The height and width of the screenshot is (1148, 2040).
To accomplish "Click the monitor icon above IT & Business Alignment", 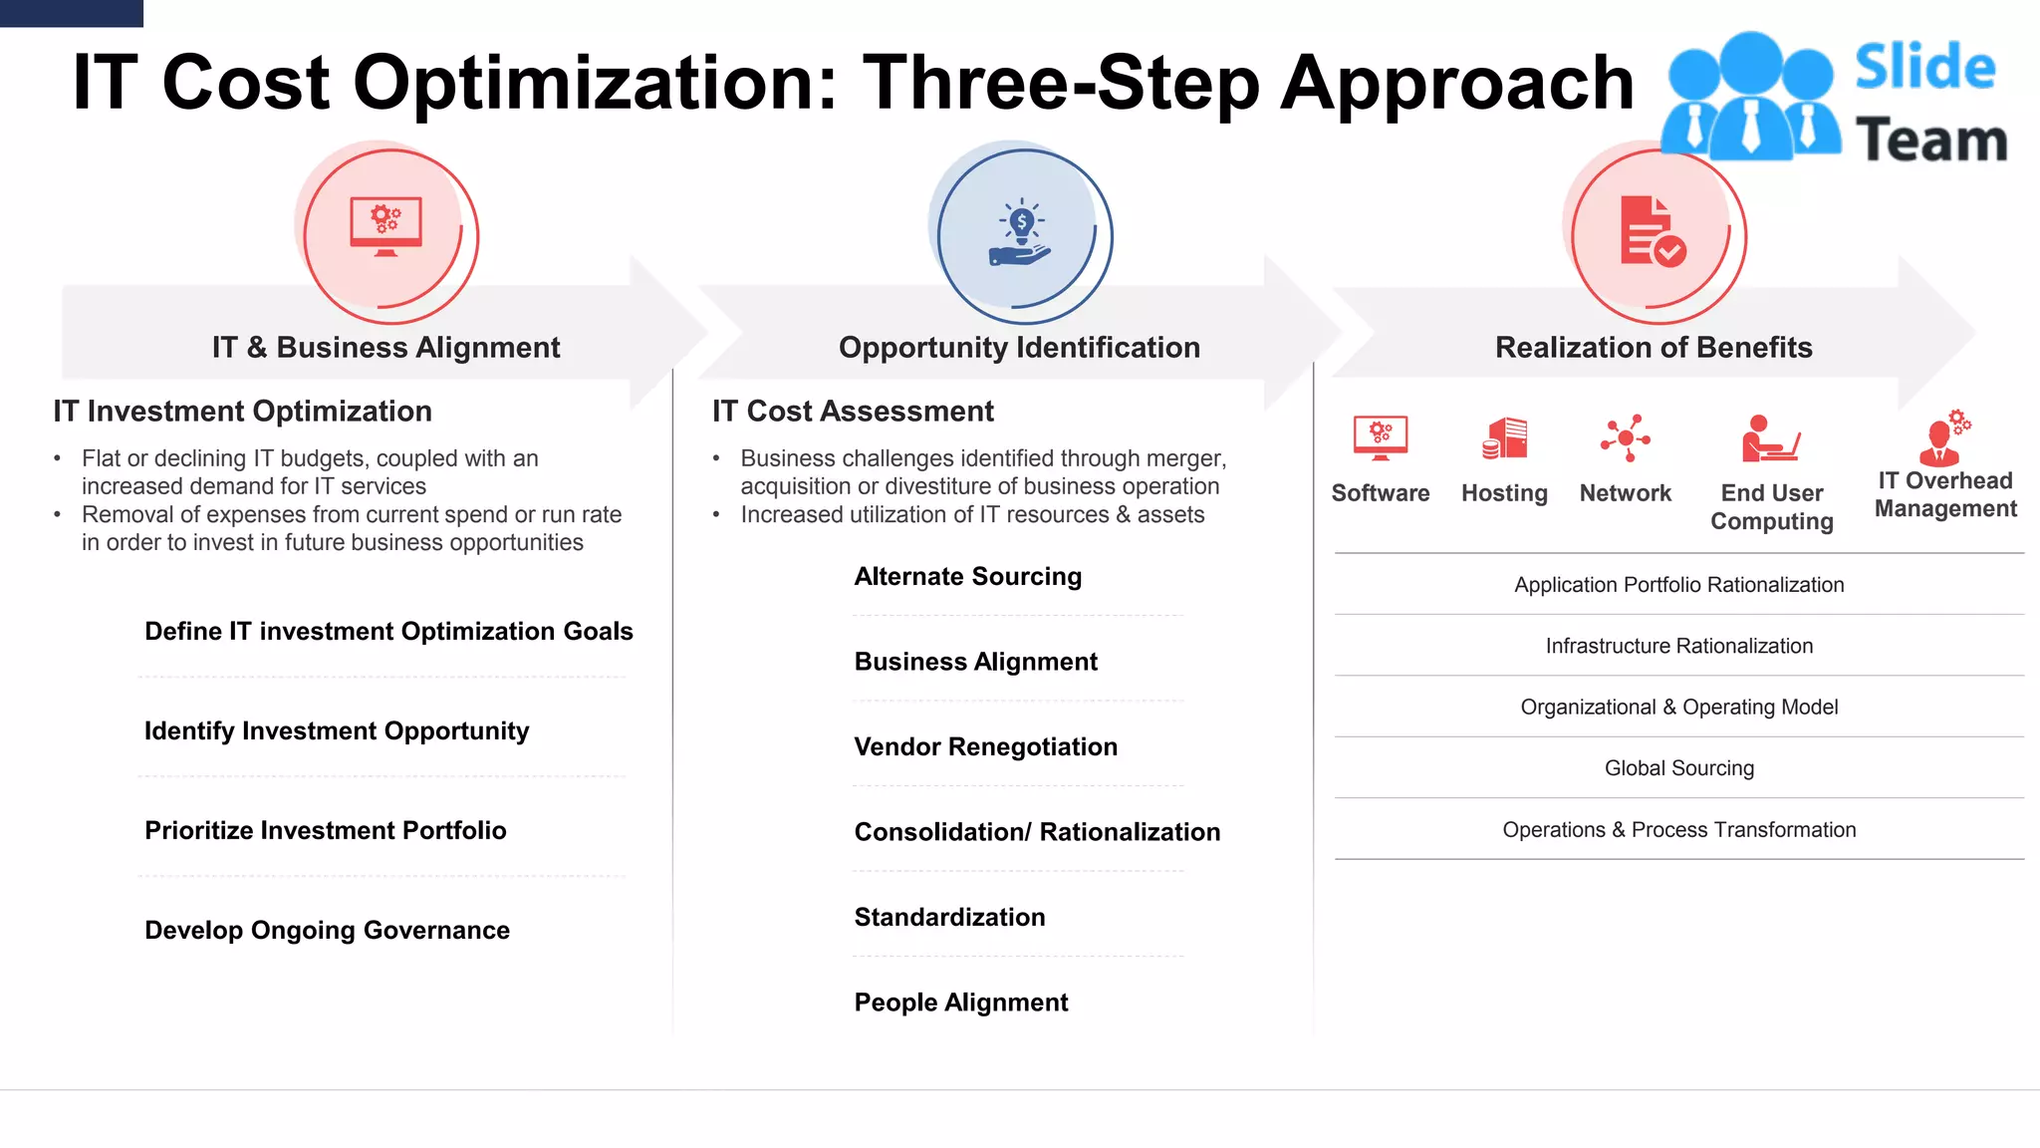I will [385, 226].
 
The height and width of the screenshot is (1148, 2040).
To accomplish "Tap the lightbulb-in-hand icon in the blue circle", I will [1020, 234].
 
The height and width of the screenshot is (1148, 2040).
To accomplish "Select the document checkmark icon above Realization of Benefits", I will [1653, 232].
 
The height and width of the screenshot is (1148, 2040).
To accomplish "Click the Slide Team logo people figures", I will [1750, 98].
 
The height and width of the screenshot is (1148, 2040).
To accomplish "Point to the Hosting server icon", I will [1504, 438].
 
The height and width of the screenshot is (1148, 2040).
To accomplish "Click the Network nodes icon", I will [1626, 438].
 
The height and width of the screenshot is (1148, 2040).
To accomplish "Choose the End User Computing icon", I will [1770, 439].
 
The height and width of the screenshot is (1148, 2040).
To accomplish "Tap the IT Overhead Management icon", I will [1944, 437].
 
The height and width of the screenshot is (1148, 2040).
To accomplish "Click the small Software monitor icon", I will [1381, 438].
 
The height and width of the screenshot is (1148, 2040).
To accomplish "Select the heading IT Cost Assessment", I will [853, 411].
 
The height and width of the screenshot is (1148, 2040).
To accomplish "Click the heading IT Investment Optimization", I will [242, 411].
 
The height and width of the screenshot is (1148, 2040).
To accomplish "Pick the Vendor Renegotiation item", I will [985, 746].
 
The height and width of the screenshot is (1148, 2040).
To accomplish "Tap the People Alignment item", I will [960, 1002].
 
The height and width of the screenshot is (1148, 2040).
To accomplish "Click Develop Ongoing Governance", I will [327, 930].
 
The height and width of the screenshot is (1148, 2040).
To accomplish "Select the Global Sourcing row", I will [1678, 768].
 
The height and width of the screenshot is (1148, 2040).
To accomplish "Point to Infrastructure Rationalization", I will [1678, 646].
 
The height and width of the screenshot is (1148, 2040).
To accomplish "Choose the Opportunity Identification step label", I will [1019, 347].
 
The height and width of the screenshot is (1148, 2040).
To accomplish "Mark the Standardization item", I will [949, 917].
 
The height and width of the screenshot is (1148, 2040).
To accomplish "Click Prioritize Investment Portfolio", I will [325, 830].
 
